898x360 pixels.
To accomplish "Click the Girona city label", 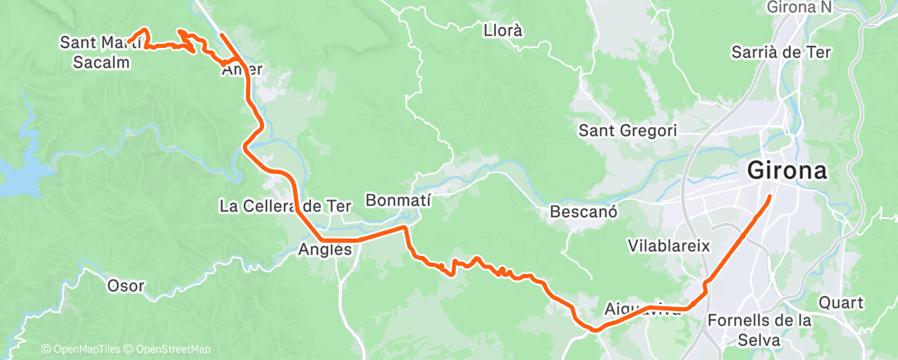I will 787,172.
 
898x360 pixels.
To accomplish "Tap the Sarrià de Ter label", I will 782,52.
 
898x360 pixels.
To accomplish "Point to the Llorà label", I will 503,31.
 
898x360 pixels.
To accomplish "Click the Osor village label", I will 125,287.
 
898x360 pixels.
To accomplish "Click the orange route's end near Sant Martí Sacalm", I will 130,41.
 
